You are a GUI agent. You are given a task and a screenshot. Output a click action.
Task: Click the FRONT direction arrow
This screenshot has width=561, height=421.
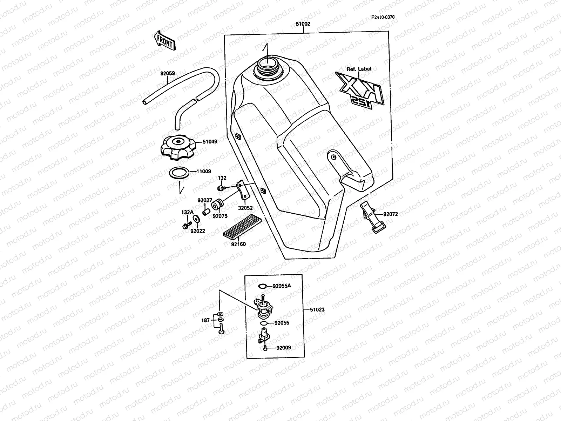click(x=164, y=40)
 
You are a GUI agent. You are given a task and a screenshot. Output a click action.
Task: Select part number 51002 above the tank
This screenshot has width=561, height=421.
click(x=303, y=24)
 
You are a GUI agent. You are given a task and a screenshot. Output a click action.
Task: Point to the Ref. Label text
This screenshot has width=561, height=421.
click(x=359, y=69)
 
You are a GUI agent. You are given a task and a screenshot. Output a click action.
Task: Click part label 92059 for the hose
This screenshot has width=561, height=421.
click(x=168, y=74)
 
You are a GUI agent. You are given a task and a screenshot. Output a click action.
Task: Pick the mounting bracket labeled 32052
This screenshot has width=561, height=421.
click(x=243, y=189)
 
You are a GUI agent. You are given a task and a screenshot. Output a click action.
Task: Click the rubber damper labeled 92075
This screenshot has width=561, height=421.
click(x=220, y=203)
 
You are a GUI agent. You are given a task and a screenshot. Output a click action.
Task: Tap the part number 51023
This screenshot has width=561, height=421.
click(x=317, y=310)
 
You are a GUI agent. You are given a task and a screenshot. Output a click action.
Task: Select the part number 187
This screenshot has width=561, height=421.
click(x=205, y=320)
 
